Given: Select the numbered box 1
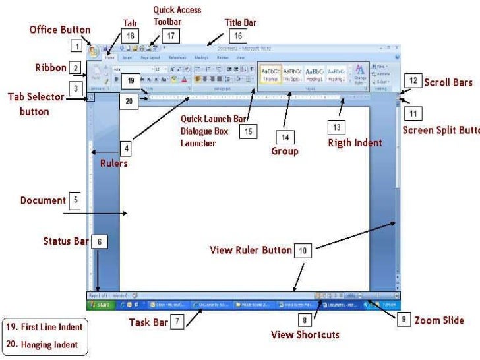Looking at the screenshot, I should [78, 47].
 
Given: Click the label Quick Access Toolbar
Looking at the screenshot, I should [177, 16].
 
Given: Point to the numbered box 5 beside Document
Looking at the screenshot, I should [76, 200].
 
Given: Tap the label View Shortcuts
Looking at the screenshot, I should [305, 334].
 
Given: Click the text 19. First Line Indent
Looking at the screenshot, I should [44, 327].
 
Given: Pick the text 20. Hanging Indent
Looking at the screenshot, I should [42, 344].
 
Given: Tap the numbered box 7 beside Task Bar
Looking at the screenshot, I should [177, 322].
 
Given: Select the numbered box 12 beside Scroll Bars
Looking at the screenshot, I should [413, 82].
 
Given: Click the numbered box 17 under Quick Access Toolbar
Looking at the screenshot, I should [171, 36].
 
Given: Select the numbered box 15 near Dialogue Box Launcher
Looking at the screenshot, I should [248, 132].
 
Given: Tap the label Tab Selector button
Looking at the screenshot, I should [36, 104].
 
